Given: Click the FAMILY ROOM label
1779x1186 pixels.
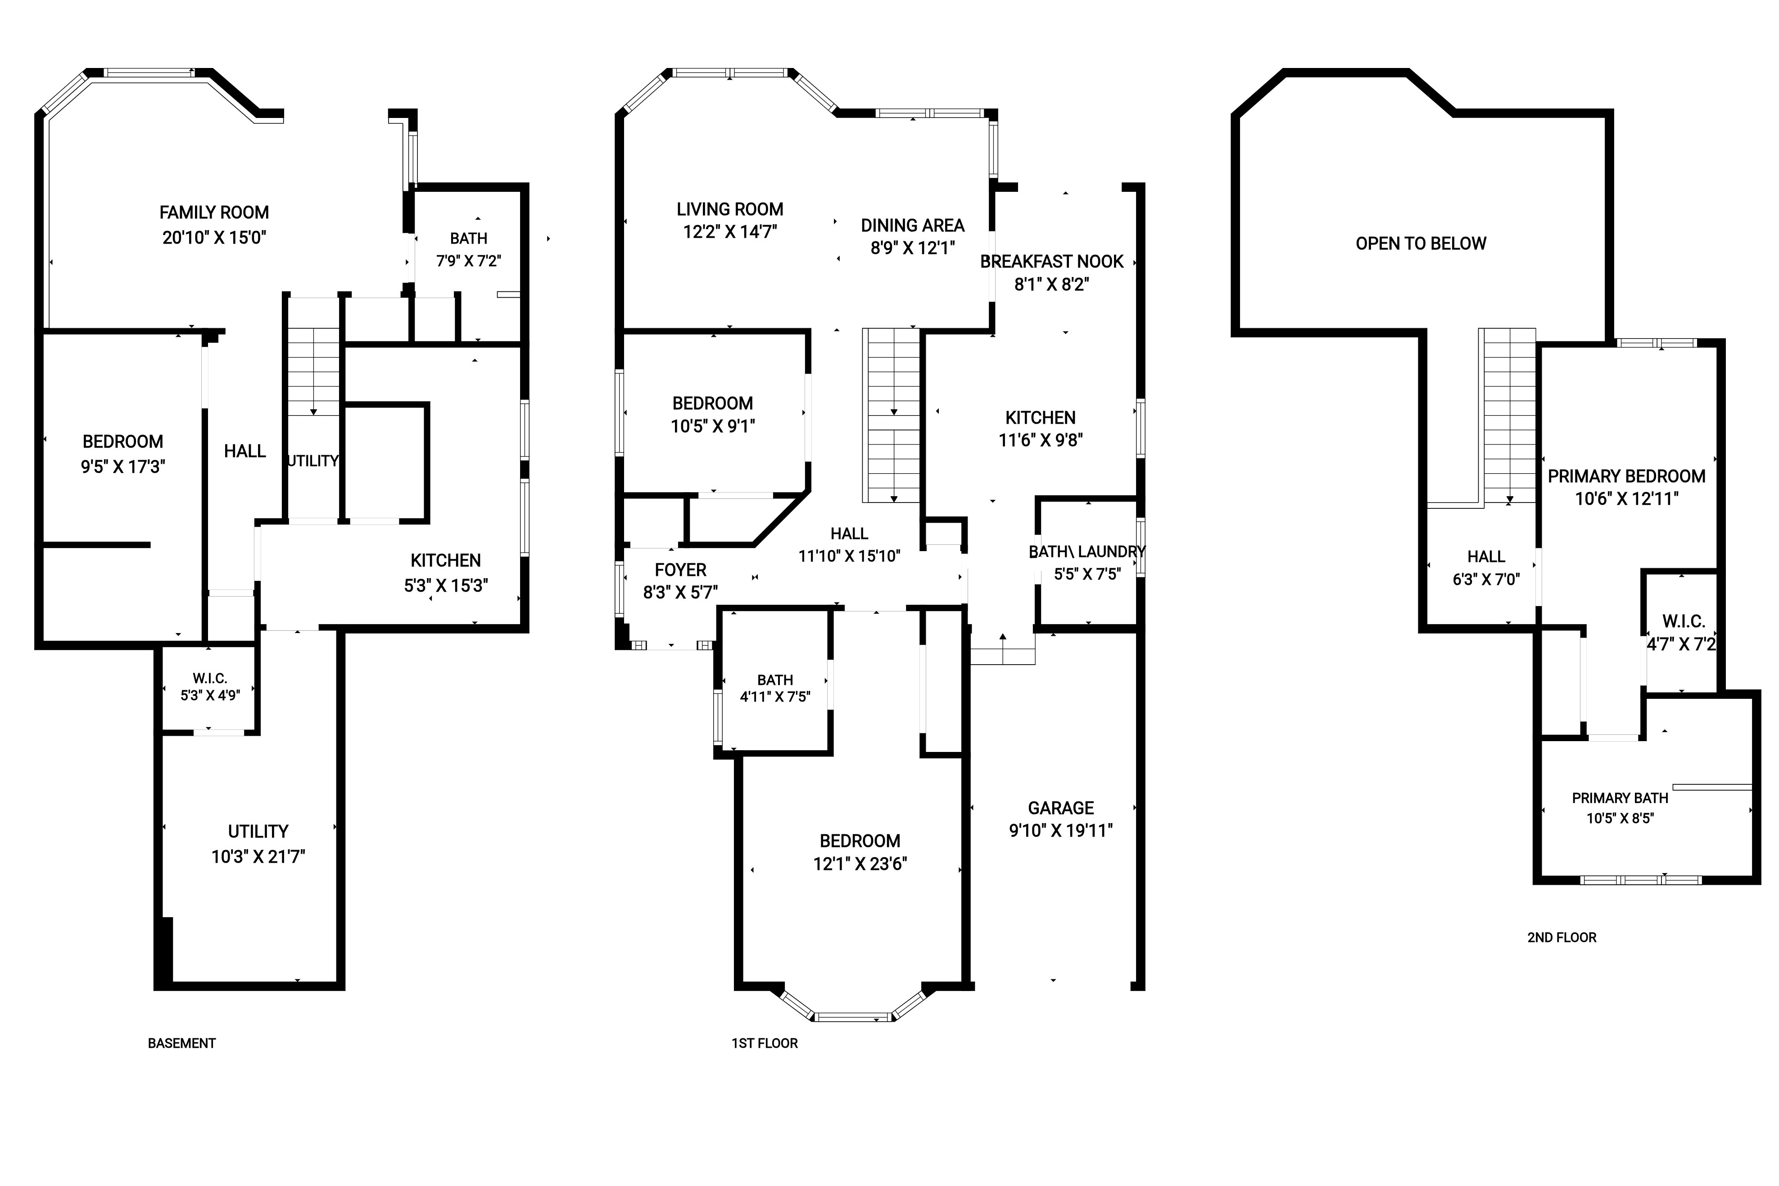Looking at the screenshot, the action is tap(214, 213).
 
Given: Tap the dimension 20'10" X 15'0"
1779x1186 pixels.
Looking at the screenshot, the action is tap(214, 237).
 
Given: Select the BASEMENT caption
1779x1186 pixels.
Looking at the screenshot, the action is tap(181, 1043).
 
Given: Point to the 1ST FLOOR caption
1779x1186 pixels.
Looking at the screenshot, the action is tap(764, 1043).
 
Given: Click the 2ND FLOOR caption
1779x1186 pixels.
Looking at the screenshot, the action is tap(1562, 937).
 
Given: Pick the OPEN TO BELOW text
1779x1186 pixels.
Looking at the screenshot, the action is tap(1421, 244).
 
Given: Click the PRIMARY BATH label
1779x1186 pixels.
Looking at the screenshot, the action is tap(1620, 798).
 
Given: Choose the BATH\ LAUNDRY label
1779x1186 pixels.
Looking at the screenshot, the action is tap(1087, 552).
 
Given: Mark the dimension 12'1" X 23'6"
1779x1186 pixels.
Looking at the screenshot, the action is tap(860, 864).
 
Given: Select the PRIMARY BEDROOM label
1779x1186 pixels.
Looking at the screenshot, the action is tap(1626, 476).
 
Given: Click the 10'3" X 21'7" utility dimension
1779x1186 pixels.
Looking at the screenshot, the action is tap(258, 857).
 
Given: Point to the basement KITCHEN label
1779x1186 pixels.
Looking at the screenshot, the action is tap(445, 561).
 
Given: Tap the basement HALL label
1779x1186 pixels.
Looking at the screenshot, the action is tap(244, 452).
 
